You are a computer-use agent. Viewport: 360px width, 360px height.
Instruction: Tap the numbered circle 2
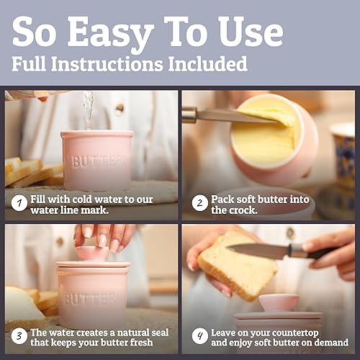(x=199, y=203)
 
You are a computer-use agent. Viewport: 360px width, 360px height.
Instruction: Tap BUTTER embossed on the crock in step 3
(x=90, y=298)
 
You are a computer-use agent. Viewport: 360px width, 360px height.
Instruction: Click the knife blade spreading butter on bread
(x=258, y=250)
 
